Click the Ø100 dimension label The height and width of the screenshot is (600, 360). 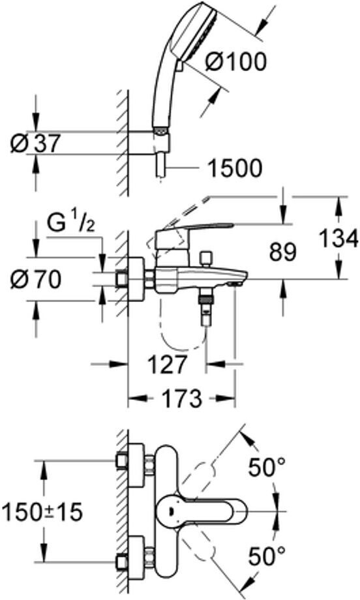point(235,61)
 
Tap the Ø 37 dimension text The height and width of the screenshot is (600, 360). point(35,143)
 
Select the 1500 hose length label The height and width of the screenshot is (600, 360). point(235,168)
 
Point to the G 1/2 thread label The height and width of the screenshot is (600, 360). point(72,224)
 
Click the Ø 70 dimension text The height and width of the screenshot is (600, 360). point(36,280)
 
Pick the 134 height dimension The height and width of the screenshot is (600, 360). point(339,239)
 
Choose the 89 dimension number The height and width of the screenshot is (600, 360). point(283,252)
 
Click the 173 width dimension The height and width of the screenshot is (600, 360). point(181,398)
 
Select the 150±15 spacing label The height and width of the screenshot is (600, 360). point(42,511)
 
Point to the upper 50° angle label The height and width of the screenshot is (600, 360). point(267,467)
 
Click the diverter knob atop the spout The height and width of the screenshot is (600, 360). point(207,259)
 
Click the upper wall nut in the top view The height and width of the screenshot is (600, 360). point(122,461)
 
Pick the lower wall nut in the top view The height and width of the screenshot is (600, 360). point(122,562)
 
